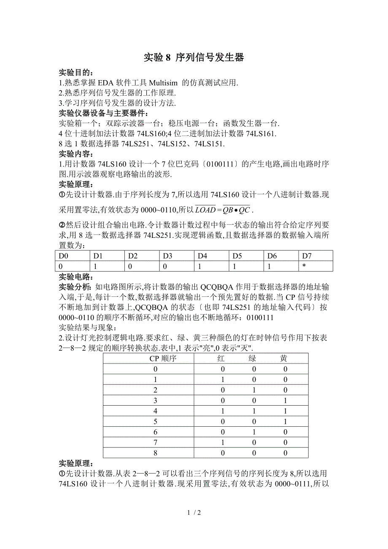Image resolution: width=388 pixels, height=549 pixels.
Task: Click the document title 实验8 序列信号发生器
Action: [194, 58]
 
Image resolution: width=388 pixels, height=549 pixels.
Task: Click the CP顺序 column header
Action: [163, 358]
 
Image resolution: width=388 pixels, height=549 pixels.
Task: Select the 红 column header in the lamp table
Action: [221, 358]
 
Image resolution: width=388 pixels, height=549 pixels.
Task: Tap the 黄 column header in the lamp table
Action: [284, 358]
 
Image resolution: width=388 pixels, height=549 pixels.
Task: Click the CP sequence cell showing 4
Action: [155, 411]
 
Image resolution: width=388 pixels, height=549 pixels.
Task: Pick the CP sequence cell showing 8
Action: [155, 453]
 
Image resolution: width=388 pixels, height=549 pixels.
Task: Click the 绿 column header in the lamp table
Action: [252, 358]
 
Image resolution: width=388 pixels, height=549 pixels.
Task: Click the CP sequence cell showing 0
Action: [155, 369]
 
